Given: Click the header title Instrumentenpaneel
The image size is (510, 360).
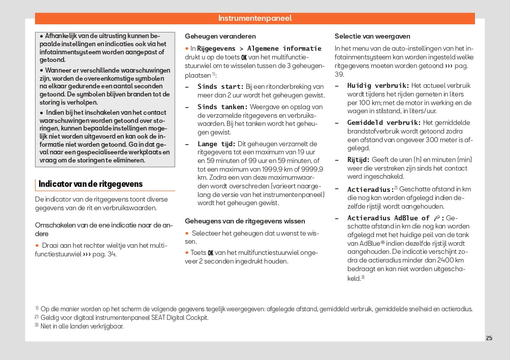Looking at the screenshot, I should click(255, 18).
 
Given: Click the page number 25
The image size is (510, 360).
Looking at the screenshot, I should click(489, 338).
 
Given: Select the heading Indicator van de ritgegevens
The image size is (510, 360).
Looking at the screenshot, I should click(90, 184).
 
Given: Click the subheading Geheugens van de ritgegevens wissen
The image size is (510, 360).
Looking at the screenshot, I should click(245, 221).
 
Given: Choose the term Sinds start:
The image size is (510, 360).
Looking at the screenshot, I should click(220, 87).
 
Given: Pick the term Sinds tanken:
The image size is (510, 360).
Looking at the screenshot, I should click(222, 107).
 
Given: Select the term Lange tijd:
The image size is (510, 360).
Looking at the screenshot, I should click(216, 144).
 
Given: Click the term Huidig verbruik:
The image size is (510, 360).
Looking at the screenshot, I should click(378, 86).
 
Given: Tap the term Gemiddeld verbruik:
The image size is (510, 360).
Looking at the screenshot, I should click(384, 123).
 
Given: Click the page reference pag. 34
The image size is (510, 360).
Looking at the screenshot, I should click(104, 254).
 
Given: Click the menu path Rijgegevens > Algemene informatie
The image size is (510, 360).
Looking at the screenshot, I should click(259, 49).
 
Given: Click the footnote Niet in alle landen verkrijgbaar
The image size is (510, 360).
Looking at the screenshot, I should click(82, 326).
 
